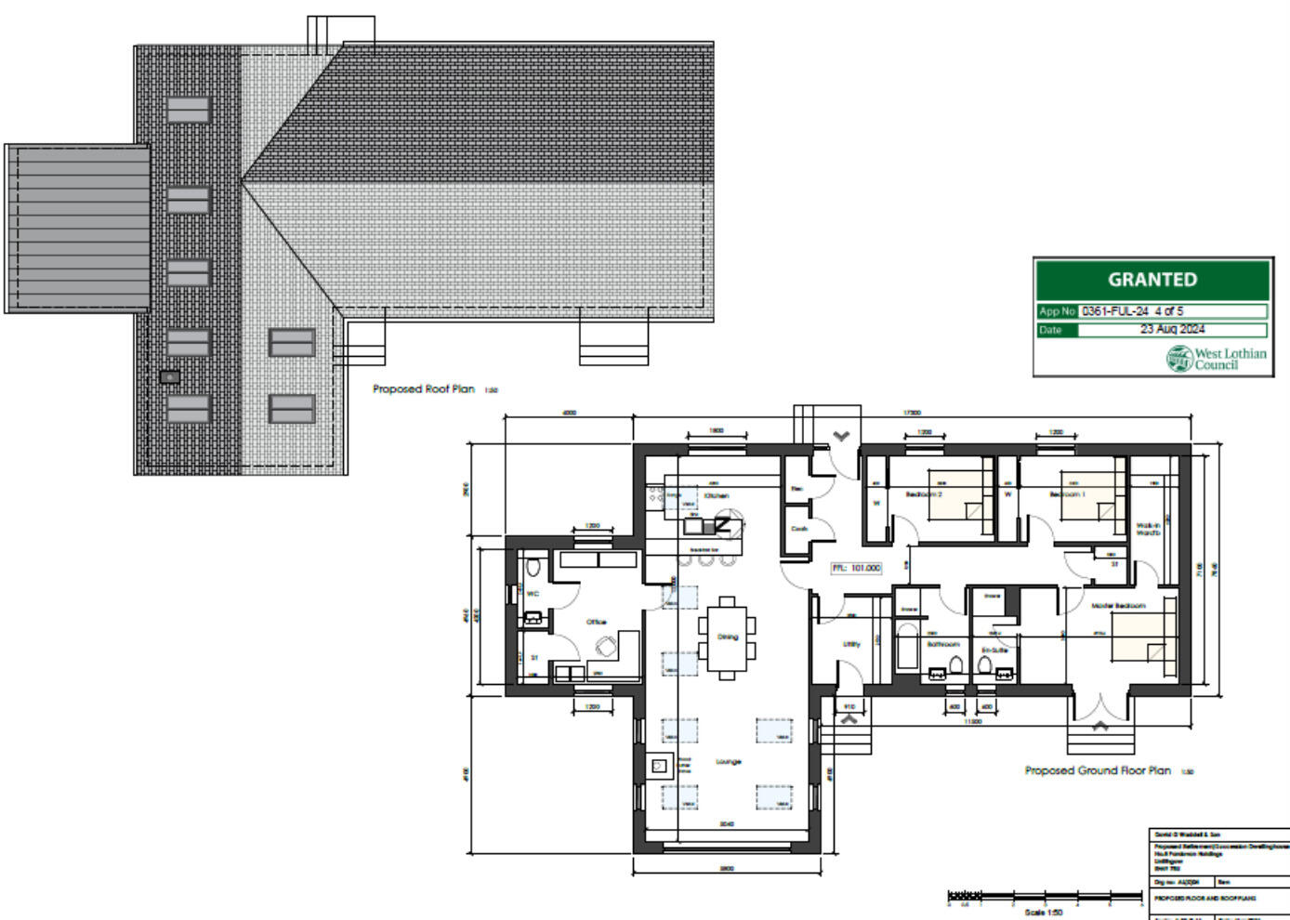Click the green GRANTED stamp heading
point(1152,280)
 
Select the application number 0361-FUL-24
point(1115,311)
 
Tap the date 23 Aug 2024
point(1172,330)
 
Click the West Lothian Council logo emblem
point(1179,359)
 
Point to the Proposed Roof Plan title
point(424,389)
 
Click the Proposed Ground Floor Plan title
point(1098,770)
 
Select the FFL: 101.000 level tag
point(856,568)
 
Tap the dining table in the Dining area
point(727,637)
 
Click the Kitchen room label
point(717,496)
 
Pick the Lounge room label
point(729,762)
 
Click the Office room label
point(596,622)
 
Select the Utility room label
point(851,644)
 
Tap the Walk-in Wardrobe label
point(1148,529)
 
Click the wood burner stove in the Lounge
point(659,766)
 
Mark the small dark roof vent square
point(169,376)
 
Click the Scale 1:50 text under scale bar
point(1043,913)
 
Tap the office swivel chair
point(607,646)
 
